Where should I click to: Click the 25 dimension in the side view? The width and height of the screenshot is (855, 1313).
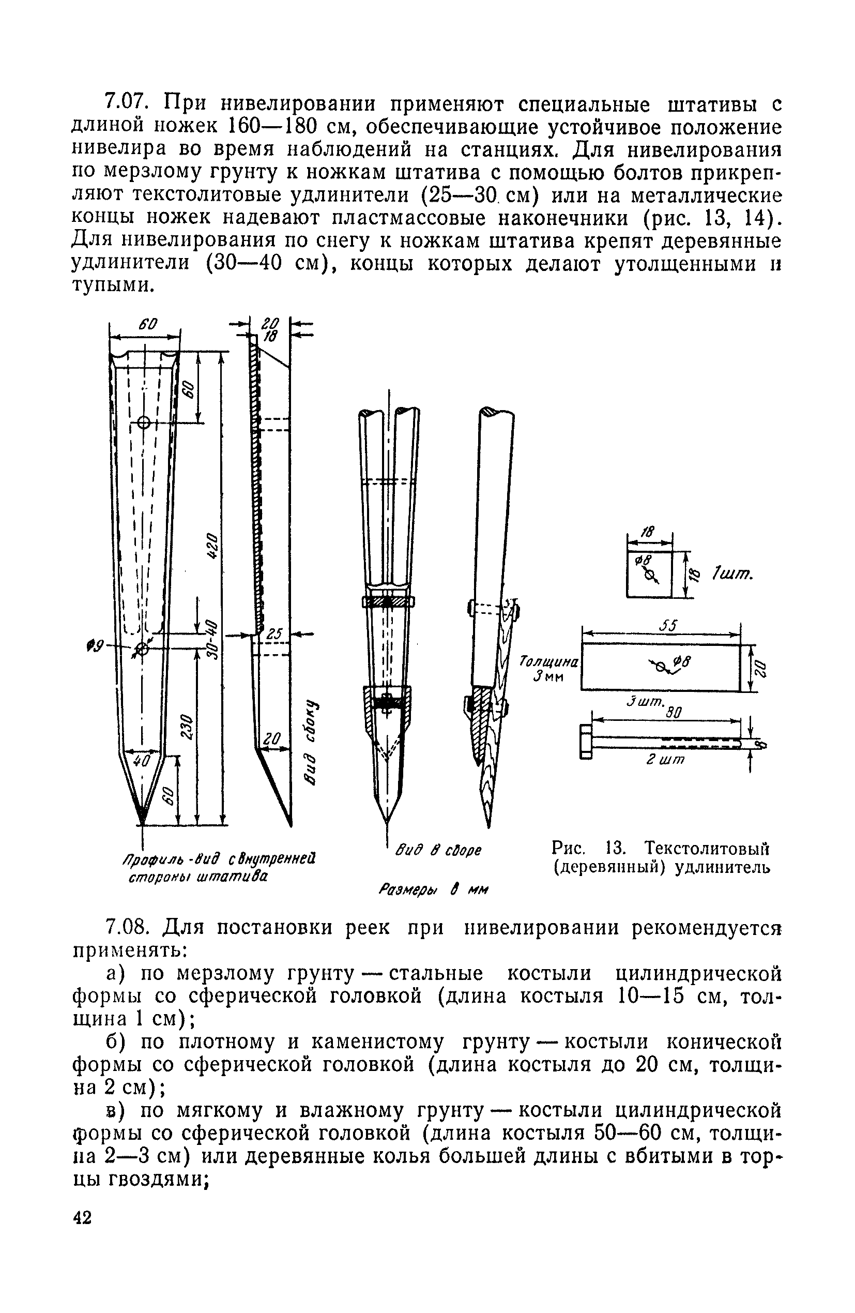tap(274, 635)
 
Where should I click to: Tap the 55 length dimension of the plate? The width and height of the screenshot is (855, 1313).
tap(668, 626)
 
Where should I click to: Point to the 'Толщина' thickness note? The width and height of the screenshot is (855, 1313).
tap(549, 661)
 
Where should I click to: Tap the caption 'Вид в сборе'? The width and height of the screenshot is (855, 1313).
tap(438, 850)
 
